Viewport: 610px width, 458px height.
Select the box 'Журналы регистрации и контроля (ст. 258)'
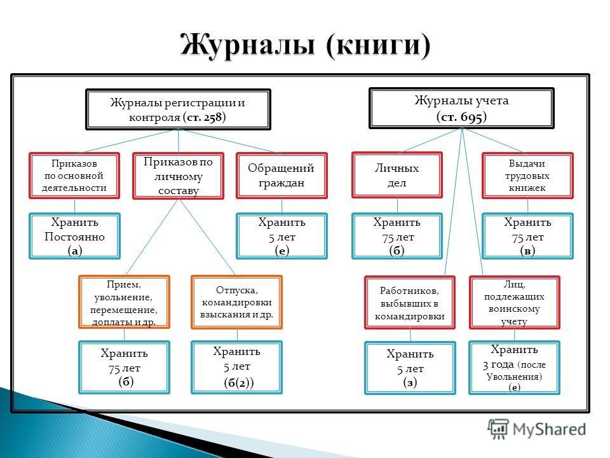tap(178, 109)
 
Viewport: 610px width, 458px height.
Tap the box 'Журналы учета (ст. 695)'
tap(462, 108)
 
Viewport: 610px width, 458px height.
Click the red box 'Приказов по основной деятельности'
tap(75, 174)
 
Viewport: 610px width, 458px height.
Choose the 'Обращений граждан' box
tap(281, 175)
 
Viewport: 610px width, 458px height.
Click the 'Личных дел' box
tap(397, 175)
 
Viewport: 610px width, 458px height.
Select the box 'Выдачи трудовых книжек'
tap(527, 175)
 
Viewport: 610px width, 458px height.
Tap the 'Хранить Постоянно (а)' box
tap(75, 236)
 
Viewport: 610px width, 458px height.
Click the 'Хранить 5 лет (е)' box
tap(281, 236)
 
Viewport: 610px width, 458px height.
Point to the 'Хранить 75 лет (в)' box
tap(527, 236)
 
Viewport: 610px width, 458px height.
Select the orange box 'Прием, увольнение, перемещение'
tap(124, 302)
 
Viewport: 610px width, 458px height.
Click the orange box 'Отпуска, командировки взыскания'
tap(236, 302)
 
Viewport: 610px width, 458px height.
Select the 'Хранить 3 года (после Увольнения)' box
tap(514, 368)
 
